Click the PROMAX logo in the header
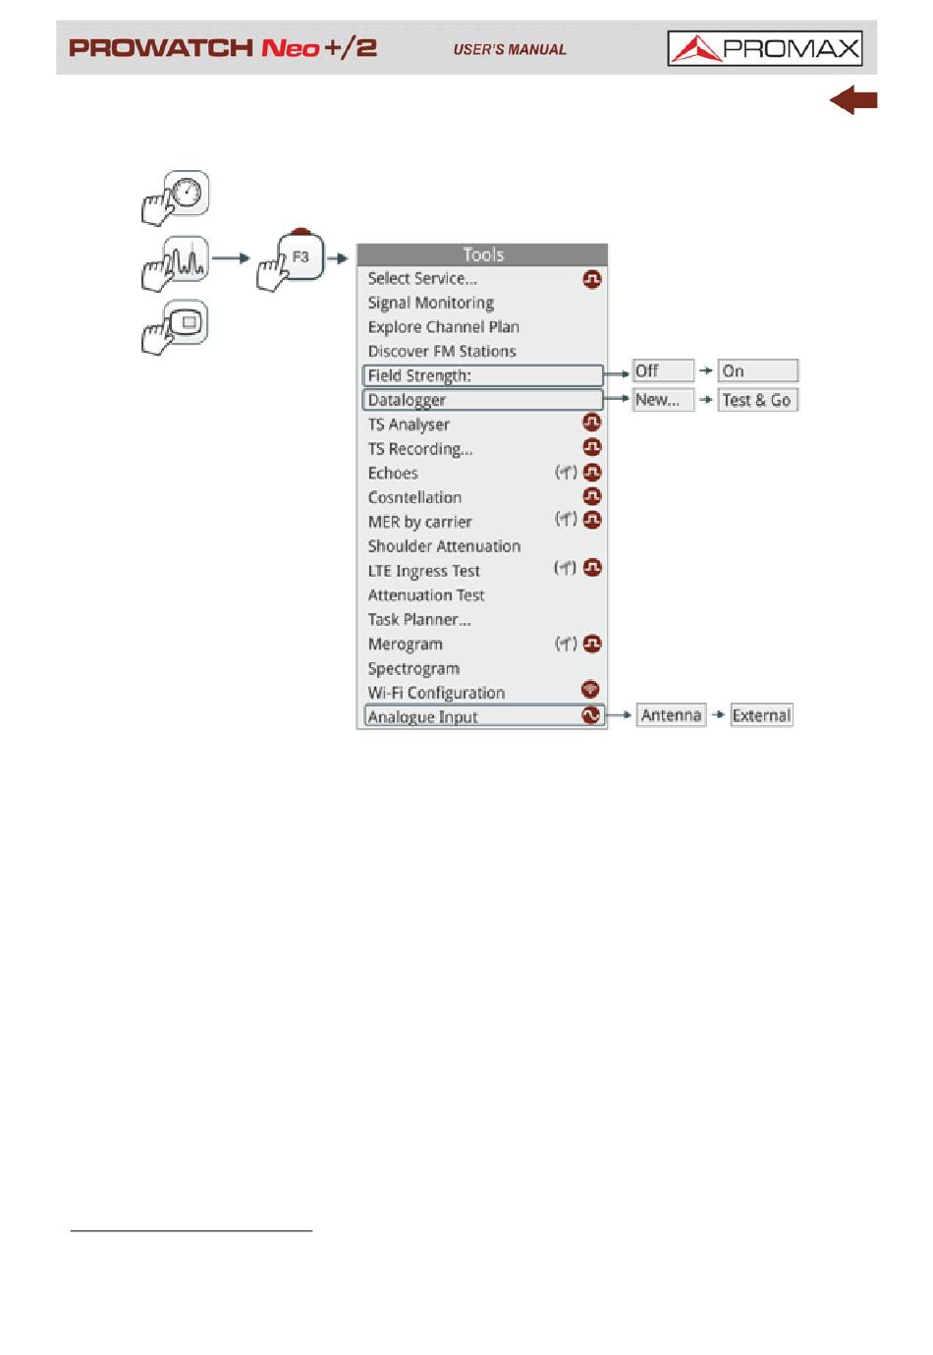tap(764, 48)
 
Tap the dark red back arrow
tap(852, 100)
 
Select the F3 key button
tap(301, 256)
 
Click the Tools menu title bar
tap(482, 254)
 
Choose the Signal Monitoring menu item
tap(430, 303)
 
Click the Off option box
tap(663, 370)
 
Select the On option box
tap(757, 370)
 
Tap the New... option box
tap(663, 400)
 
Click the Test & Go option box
tap(757, 400)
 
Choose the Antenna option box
tap(671, 715)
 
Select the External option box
tap(761, 715)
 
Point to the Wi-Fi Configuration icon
tap(590, 689)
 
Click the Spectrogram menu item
tap(413, 668)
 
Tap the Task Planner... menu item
tap(419, 619)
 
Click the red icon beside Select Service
tap(591, 279)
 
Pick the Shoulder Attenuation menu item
tap(444, 546)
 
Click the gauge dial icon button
tap(187, 193)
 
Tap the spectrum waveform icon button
tap(187, 260)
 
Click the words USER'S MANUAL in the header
tap(510, 49)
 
